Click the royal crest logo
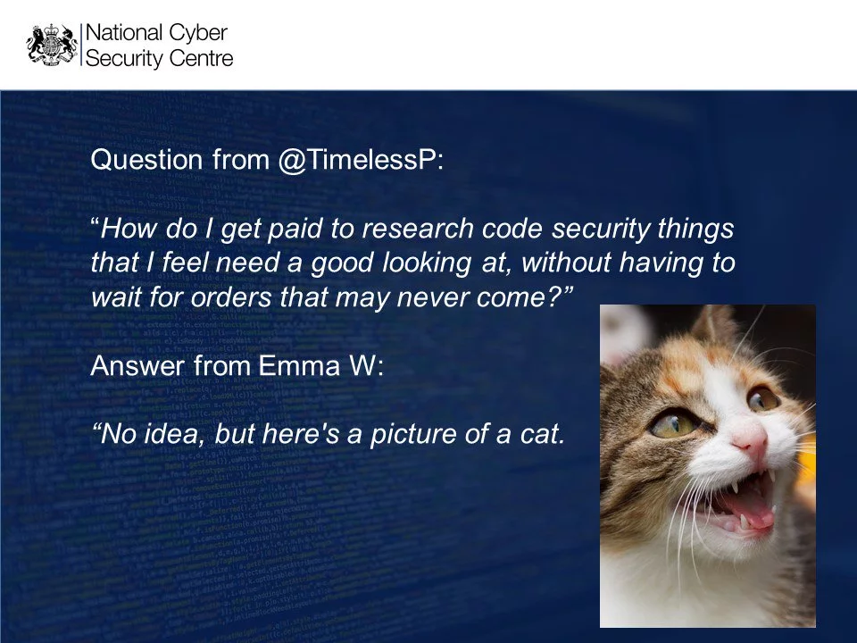pyautogui.click(x=52, y=45)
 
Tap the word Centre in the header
pyautogui.click(x=201, y=58)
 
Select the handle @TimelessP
pyautogui.click(x=361, y=160)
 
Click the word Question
pyautogui.click(x=146, y=160)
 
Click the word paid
pyautogui.click(x=295, y=228)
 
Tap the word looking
pyautogui.click(x=427, y=263)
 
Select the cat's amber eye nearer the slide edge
pyautogui.click(x=761, y=398)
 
